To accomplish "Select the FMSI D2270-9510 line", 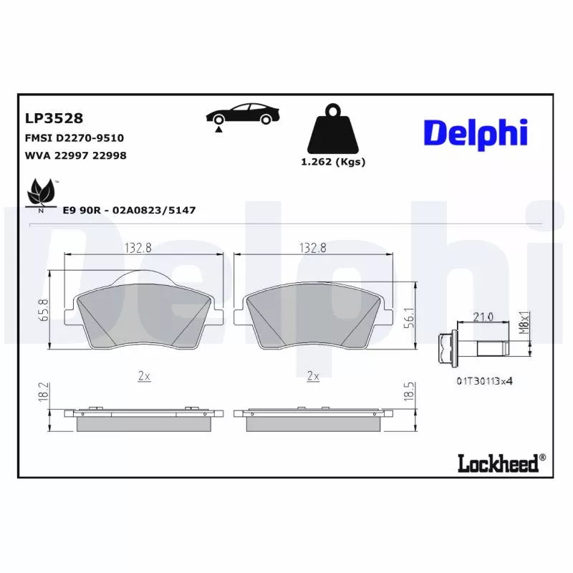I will [x=75, y=137].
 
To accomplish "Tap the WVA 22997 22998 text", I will [x=75, y=155].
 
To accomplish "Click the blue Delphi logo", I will [x=476, y=133].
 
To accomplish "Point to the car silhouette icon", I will [x=241, y=115].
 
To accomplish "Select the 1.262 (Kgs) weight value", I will [x=333, y=162].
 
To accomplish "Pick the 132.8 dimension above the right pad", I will [x=313, y=248].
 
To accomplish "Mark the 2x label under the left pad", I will [x=143, y=375].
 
